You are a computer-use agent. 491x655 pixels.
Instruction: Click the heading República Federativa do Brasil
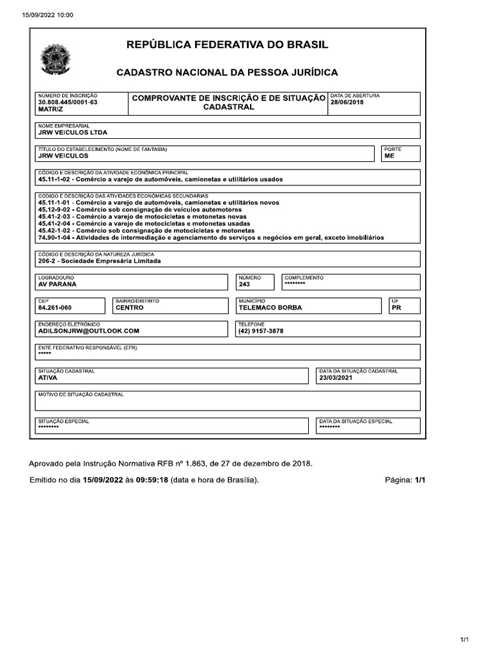click(227, 45)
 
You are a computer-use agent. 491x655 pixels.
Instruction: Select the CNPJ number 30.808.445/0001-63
click(68, 102)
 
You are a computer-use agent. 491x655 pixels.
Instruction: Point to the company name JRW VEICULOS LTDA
click(73, 133)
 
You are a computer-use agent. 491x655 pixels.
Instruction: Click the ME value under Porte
click(389, 155)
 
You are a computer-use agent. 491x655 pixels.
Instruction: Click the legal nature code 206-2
click(48, 261)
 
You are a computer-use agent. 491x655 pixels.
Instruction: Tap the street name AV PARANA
click(57, 285)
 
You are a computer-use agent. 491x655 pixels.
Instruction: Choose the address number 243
click(244, 285)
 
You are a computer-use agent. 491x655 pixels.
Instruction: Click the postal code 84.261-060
click(55, 308)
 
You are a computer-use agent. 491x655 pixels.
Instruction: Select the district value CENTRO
click(129, 308)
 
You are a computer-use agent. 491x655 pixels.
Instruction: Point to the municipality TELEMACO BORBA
click(270, 308)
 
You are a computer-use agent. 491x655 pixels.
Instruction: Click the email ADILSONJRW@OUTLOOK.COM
click(88, 331)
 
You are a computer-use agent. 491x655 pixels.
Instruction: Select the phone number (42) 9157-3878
click(260, 331)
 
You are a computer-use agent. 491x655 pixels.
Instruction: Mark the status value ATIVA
click(48, 378)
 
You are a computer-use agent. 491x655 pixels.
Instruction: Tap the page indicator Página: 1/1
click(405, 480)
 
